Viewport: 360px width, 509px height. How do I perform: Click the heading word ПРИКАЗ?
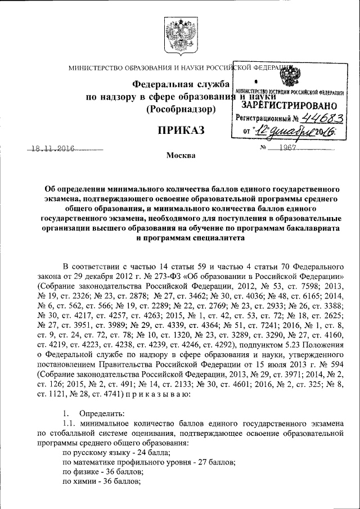[x=180, y=132]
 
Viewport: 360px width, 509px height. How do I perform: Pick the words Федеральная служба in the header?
[x=180, y=85]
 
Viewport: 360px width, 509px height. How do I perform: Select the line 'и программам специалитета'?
[x=191, y=238]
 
